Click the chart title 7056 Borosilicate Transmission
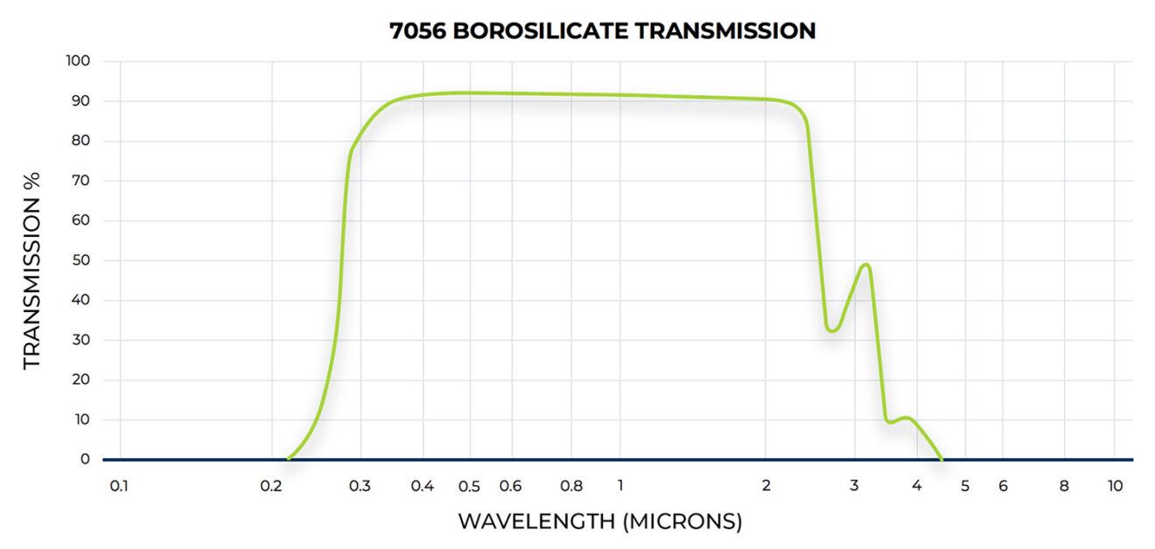pos(602,31)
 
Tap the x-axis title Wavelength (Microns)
pos(600,522)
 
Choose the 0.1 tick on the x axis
pos(120,486)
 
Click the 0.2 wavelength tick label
pos(270,486)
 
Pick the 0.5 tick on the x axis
pos(470,486)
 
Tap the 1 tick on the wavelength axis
pos(620,486)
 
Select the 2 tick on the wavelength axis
pos(766,486)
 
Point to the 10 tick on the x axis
pos(1115,486)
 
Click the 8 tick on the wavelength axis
pos(1065,486)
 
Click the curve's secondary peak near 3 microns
pos(866,264)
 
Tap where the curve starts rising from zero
pos(289,458)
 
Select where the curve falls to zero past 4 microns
pos(941,458)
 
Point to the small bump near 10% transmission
pos(906,418)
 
